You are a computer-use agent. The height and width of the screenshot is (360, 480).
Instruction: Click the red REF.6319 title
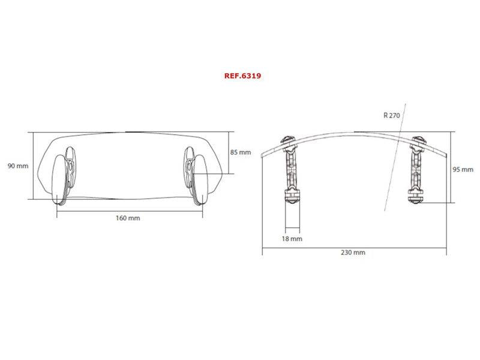pyautogui.click(x=241, y=76)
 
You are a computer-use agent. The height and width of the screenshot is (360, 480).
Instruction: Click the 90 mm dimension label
pyautogui.click(x=18, y=166)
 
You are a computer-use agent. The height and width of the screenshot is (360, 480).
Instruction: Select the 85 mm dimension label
pyautogui.click(x=241, y=152)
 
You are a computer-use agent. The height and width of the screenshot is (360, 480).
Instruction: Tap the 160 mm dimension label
pyautogui.click(x=128, y=218)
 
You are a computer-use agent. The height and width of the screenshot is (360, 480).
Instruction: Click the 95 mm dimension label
pyautogui.click(x=463, y=170)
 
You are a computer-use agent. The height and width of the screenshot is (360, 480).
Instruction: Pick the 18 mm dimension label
pyautogui.click(x=292, y=239)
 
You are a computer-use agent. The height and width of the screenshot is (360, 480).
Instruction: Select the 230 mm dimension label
pyautogui.click(x=354, y=253)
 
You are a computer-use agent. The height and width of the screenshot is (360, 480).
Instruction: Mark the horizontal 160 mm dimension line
pyautogui.click(x=128, y=210)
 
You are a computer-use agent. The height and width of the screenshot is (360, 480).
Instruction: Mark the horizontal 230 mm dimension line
pyautogui.click(x=354, y=245)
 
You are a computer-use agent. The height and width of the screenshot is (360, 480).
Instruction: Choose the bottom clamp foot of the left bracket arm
pyautogui.click(x=291, y=196)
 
